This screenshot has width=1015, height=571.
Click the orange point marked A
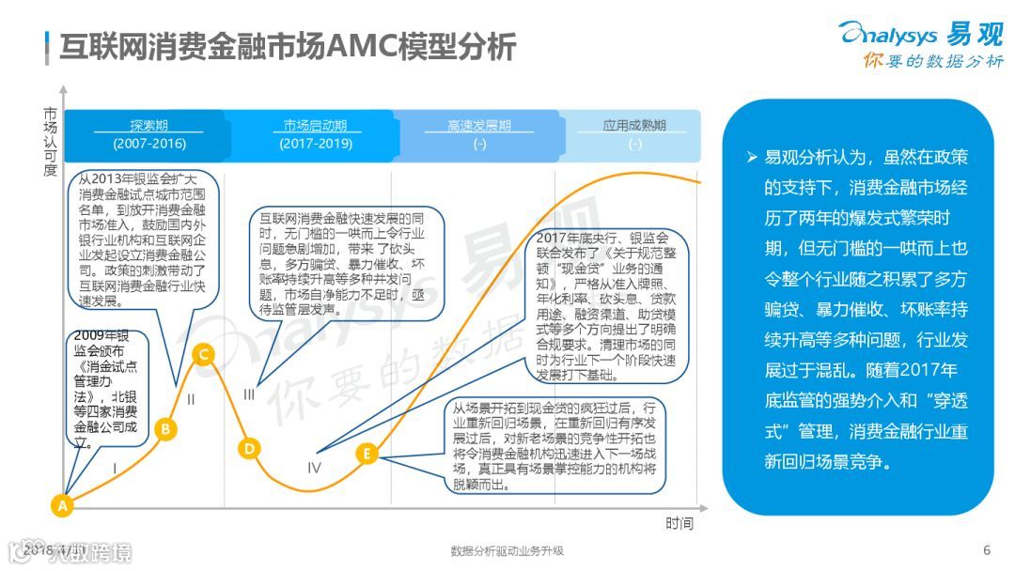(x=62, y=505)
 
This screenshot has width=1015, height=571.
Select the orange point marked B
(x=165, y=429)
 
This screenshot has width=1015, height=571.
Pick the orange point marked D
(x=249, y=448)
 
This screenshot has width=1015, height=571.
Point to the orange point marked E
(x=367, y=455)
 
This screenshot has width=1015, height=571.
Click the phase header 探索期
(x=149, y=125)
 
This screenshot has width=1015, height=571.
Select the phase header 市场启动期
(x=315, y=125)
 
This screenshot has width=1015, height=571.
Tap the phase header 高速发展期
(x=479, y=125)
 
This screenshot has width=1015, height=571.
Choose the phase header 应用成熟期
(x=634, y=125)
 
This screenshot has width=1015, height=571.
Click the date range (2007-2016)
(x=149, y=144)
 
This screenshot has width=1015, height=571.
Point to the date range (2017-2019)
(x=315, y=144)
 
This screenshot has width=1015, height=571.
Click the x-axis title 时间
(x=679, y=523)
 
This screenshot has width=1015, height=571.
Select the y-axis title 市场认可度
(x=50, y=142)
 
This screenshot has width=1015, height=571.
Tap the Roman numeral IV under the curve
(x=314, y=468)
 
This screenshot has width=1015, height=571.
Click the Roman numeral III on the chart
(x=249, y=394)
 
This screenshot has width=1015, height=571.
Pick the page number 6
(x=987, y=550)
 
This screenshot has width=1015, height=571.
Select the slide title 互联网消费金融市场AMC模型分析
(x=287, y=46)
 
